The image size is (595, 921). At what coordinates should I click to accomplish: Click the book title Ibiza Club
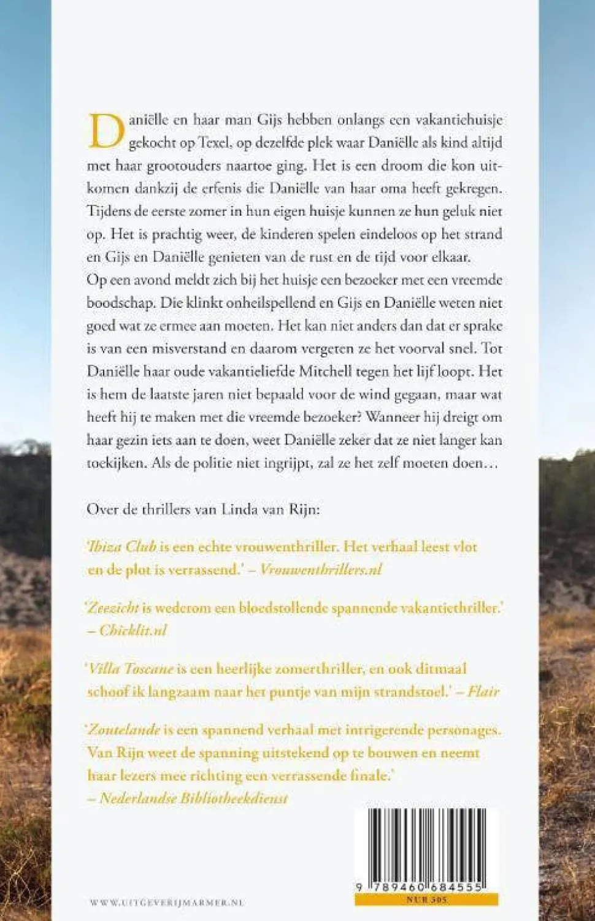point(123,546)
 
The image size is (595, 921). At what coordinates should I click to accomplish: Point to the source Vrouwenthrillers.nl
point(320,570)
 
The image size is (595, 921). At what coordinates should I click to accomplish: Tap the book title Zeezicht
point(114,608)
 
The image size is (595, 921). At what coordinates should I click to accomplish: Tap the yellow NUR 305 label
point(426,900)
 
